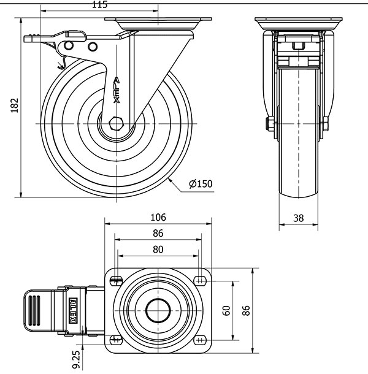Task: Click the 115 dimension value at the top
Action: coord(100,5)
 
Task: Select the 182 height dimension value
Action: coord(15,105)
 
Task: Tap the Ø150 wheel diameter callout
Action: coord(201,184)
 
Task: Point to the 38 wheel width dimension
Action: coord(298,218)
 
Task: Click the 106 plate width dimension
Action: coord(158,217)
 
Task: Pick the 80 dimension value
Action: coord(158,250)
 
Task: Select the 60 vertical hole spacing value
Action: coord(226,311)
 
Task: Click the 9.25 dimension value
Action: coord(76,360)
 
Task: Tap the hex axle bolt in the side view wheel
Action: coord(115,124)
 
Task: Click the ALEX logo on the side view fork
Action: coord(117,90)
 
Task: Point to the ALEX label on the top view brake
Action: coord(73,310)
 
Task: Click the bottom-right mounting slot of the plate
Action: coord(200,340)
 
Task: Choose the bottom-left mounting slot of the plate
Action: coord(116,340)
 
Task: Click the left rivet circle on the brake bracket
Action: coord(69,45)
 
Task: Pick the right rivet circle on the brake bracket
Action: coord(93,47)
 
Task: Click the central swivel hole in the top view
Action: coord(158,311)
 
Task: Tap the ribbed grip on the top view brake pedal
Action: coord(34,311)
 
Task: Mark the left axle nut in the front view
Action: coord(270,124)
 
